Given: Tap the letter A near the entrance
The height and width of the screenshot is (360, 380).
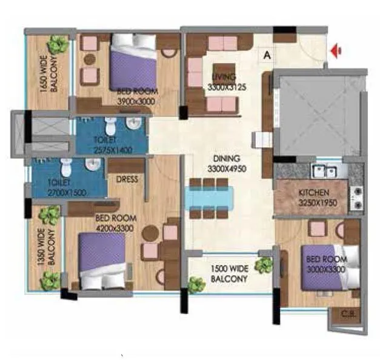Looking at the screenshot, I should (266, 54).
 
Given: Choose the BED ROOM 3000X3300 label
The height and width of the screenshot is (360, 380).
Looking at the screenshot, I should (326, 264).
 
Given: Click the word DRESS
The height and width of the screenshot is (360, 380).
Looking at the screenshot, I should (126, 179).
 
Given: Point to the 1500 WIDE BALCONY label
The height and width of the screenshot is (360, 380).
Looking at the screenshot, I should (229, 274).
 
